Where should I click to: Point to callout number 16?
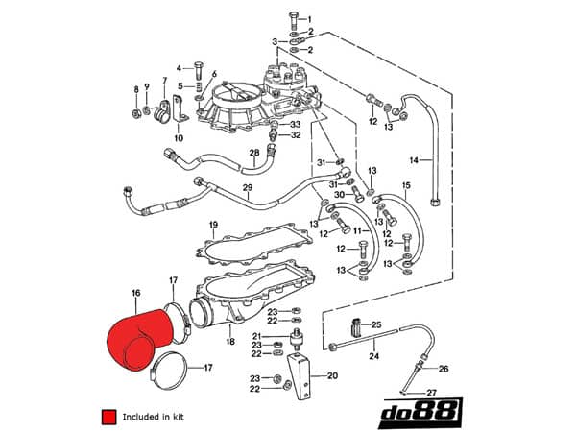tap(135, 290)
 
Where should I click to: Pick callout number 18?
tap(230, 342)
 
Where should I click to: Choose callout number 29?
tap(247, 187)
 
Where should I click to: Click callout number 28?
tap(254, 153)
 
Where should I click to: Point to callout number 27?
tap(431, 393)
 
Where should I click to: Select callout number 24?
tap(373, 356)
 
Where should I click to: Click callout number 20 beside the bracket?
tap(333, 376)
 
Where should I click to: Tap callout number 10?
tap(179, 138)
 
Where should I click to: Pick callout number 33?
tap(295, 124)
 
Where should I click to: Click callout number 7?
tap(164, 81)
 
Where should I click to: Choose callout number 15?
tap(406, 184)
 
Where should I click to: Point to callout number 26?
tap(443, 369)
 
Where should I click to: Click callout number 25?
tap(376, 325)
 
